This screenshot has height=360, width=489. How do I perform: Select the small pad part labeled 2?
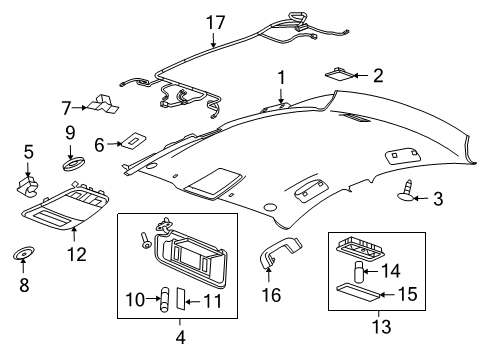[340, 73]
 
